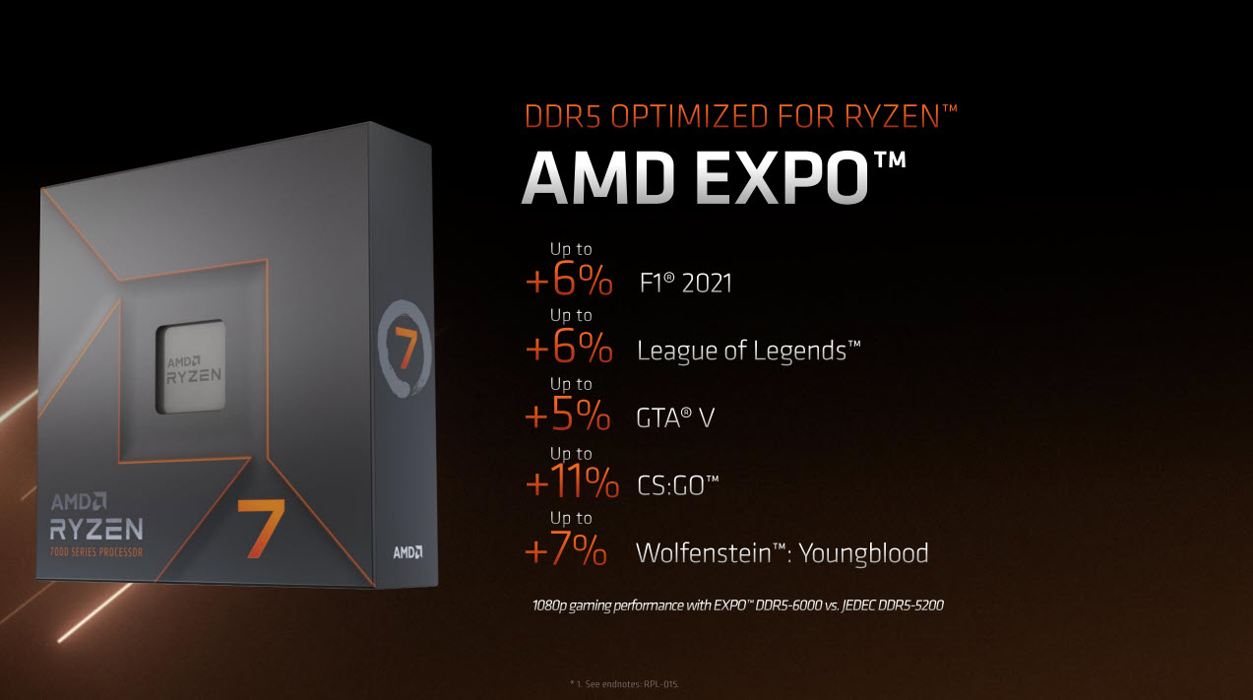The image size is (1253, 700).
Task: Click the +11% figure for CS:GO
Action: (x=572, y=484)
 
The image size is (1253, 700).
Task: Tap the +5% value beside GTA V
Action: (x=568, y=416)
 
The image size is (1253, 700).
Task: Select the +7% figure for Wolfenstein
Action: (x=566, y=552)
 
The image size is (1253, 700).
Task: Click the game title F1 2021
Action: (x=685, y=285)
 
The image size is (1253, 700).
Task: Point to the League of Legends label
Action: (x=749, y=350)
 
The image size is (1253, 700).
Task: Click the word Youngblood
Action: (x=863, y=552)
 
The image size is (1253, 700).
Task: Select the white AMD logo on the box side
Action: (x=407, y=552)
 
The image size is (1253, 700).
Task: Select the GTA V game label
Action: (x=675, y=417)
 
